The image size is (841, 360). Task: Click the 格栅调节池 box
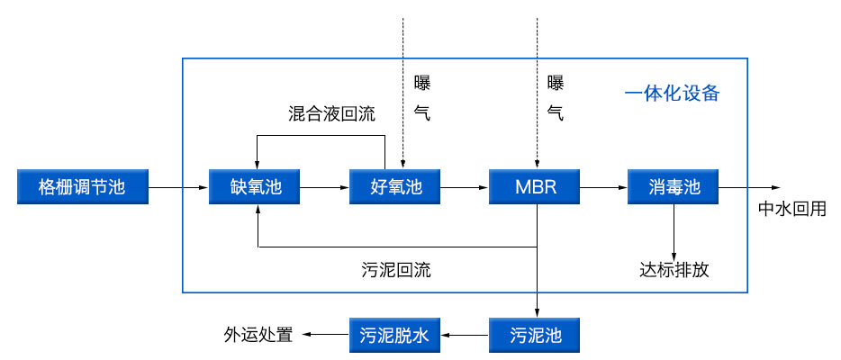coord(81,187)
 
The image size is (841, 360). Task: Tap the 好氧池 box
coord(396,187)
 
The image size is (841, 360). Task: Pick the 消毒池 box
coord(674,187)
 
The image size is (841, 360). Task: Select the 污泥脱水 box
coord(396,336)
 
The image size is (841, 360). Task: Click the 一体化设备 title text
coord(672,94)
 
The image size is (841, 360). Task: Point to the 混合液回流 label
coord(331,114)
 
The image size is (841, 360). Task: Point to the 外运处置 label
coord(258,336)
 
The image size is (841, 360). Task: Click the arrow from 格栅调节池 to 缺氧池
coord(176,187)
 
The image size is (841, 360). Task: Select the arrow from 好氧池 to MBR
coord(466,187)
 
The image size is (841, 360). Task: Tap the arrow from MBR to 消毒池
coord(604,187)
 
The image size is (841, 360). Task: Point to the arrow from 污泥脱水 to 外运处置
coord(325,336)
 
